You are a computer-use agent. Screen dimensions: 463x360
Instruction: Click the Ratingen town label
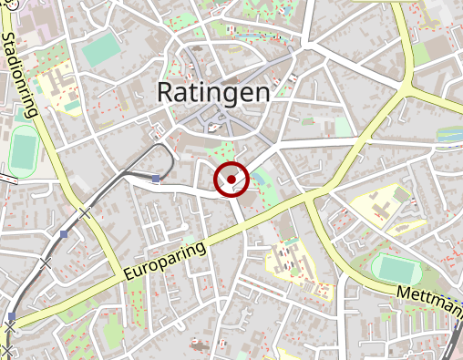tap(213, 92)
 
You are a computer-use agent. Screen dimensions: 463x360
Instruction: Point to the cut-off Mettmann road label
tap(429, 299)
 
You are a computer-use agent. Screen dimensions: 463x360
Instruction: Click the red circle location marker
tap(231, 180)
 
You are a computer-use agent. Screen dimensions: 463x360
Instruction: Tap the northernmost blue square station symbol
tap(157, 179)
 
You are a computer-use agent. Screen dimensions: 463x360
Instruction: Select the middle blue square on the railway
tap(63, 235)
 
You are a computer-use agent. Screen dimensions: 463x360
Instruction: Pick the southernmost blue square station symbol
tap(12, 316)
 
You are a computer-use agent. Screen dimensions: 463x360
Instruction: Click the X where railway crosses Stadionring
tap(85, 212)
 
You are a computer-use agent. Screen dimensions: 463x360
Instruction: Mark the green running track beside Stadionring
tap(22, 151)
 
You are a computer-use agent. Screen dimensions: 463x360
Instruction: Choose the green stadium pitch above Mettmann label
tap(396, 268)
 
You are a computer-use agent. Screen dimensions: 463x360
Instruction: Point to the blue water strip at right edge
tap(451, 134)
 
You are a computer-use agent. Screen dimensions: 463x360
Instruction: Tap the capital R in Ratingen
tap(167, 92)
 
